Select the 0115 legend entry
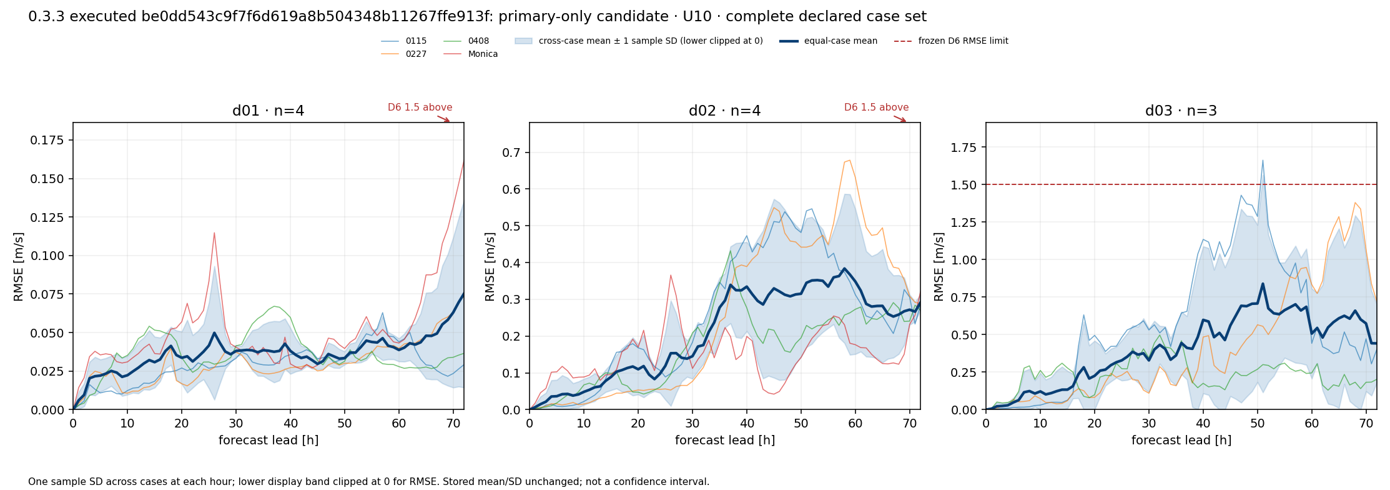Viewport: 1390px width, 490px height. (403, 41)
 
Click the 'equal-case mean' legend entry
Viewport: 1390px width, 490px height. (828, 41)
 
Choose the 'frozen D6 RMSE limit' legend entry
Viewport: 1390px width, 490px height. (951, 41)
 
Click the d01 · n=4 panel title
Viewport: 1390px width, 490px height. (269, 111)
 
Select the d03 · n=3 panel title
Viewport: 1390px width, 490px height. (1181, 111)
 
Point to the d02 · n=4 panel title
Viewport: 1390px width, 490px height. (724, 111)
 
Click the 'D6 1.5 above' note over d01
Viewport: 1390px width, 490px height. (420, 107)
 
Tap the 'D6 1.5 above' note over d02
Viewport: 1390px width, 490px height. (876, 107)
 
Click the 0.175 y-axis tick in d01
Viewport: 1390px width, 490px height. (47, 140)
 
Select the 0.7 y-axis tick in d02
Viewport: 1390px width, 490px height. (512, 152)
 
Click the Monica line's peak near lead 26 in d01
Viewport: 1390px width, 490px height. (214, 232)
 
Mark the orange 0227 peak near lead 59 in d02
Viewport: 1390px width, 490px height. (850, 160)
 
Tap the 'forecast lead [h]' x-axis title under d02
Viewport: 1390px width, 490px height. (724, 441)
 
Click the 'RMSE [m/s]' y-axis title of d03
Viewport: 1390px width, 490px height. (939, 267)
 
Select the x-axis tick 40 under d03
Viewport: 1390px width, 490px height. (1203, 423)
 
